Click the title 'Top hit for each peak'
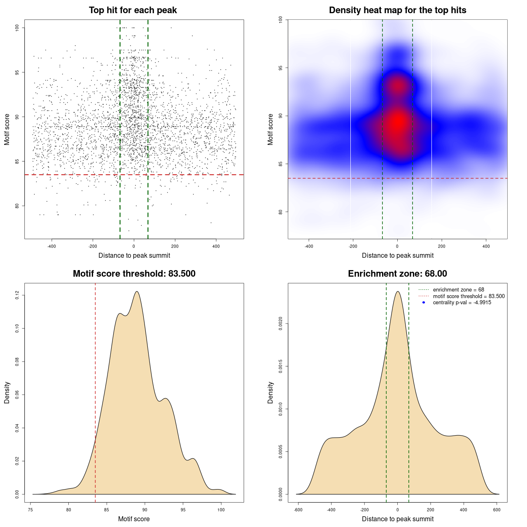point(133,10)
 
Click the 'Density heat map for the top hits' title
point(397,10)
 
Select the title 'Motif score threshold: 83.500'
point(134,274)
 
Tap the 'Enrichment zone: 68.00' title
point(397,274)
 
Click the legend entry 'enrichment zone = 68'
point(458,290)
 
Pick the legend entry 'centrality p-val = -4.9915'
point(462,303)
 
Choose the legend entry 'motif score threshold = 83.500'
point(469,296)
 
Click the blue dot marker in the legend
point(424,303)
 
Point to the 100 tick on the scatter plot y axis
point(17,28)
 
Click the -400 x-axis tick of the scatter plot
point(51,246)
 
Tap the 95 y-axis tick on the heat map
point(280,68)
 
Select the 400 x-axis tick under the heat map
point(486,246)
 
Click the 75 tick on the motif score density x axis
point(30,510)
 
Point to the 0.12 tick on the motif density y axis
point(17,295)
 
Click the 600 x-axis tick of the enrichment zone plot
point(497,510)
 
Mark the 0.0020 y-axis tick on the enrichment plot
point(280,324)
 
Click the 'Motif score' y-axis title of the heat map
point(270,129)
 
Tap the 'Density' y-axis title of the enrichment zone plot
point(270,392)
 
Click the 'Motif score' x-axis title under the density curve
point(134,519)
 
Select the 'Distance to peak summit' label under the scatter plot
point(134,255)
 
